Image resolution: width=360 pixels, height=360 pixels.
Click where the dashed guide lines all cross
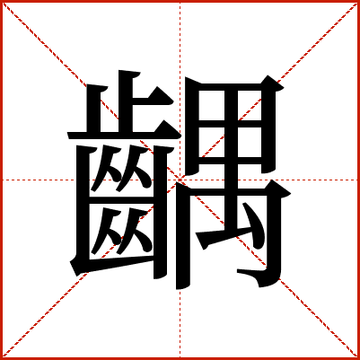pos(180,180)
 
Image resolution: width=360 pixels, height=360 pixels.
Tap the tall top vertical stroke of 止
pos(126,101)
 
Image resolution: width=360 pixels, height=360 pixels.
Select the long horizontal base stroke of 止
pos(124,135)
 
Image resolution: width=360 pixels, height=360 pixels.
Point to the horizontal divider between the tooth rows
pos(121,200)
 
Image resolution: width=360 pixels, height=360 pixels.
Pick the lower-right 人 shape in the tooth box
pos(134,231)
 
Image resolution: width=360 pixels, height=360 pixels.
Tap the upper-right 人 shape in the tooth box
pos(134,168)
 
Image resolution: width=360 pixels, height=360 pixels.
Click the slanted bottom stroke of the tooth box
pos(115,265)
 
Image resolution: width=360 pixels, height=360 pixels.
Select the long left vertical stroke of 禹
pos(183,236)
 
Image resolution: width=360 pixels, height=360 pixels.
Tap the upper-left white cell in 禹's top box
pos(212,105)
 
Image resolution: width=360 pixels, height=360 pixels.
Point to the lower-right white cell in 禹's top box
pos(250,142)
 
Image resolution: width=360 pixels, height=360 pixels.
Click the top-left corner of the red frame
pos(1,1)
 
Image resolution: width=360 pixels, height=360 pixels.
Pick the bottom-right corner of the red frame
pos(358,358)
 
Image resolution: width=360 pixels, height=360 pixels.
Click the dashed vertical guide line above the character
pos(180,36)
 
